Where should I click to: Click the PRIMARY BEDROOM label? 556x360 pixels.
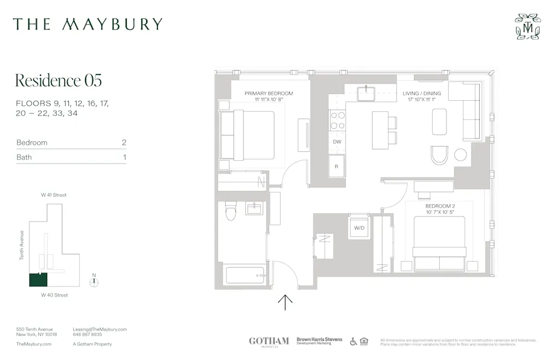point(269,93)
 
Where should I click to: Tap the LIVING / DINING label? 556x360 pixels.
point(421,93)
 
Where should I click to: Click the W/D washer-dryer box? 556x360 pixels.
point(359,228)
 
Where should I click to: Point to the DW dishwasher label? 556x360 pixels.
point(337,142)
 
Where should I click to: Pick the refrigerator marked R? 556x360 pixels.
point(337,166)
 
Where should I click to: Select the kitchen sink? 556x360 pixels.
point(367,93)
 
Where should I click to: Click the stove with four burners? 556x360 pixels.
point(337,120)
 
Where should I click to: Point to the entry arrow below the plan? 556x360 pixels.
point(285,302)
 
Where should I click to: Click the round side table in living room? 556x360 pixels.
point(460,155)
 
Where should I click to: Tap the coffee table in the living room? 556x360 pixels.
point(439,121)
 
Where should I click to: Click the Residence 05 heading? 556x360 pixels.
point(58,80)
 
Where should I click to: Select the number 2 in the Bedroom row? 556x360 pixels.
point(124,142)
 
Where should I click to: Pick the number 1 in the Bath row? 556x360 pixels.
point(125,157)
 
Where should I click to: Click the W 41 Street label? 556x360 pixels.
point(54,195)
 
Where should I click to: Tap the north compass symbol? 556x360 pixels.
point(95,281)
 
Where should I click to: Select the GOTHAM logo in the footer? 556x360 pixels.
point(269,341)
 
